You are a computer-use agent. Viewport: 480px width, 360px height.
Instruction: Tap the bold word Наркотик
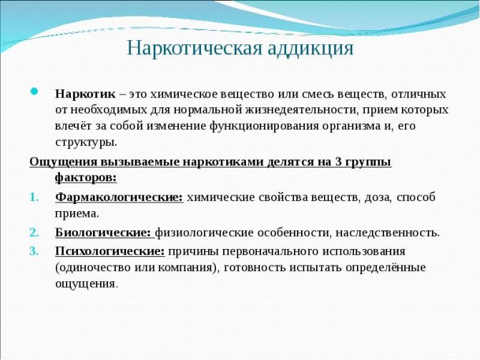[85, 94]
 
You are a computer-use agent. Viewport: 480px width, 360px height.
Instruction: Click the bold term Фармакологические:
[119, 197]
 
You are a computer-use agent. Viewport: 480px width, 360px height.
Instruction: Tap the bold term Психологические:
[109, 250]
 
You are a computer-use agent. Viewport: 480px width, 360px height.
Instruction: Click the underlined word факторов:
[86, 176]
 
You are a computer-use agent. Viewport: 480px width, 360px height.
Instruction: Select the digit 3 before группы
[336, 160]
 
